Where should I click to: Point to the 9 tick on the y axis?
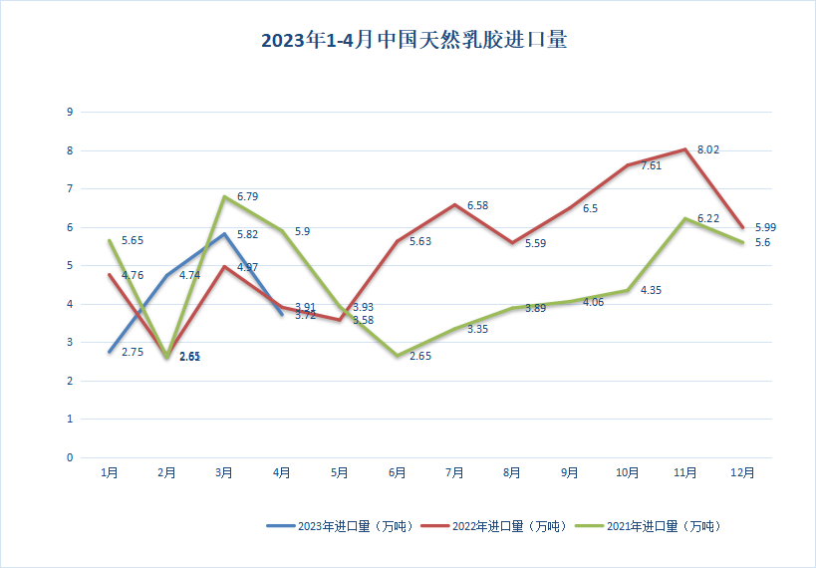tap(70, 113)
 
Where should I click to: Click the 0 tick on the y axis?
tap(70, 458)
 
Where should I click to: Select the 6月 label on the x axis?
tap(397, 473)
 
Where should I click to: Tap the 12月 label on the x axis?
tap(742, 473)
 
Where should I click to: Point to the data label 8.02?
tap(708, 150)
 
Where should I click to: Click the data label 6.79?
tap(246, 196)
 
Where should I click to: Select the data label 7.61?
tap(652, 166)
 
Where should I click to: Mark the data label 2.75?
tap(133, 352)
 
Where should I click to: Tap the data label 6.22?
tap(708, 218)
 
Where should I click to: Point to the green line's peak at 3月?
tap(224, 197)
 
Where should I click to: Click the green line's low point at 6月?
tap(397, 356)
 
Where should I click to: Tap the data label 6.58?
tap(477, 205)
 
